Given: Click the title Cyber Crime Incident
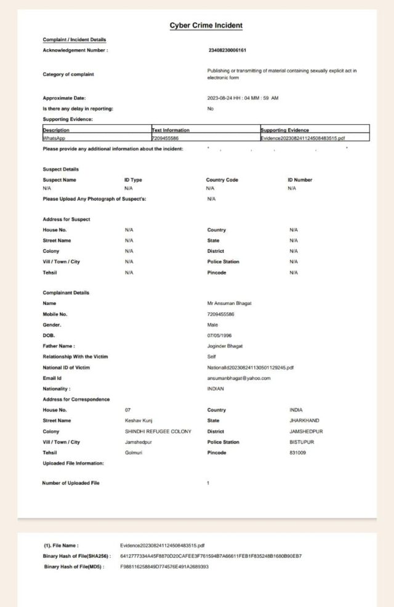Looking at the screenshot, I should [206, 25].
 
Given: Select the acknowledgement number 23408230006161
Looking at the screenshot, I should [227, 50].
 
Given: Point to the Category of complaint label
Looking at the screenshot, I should [68, 74].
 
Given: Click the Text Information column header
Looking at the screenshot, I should [171, 130].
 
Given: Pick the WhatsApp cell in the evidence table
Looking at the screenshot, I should [56, 138].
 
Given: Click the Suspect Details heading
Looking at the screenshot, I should [60, 169].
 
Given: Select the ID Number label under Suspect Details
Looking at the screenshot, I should [300, 180].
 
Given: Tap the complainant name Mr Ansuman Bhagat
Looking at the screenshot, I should [230, 303].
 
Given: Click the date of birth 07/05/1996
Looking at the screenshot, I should [220, 335].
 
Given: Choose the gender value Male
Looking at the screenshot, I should [212, 325].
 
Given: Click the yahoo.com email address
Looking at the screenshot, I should [239, 378].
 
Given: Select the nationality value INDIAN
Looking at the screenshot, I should [215, 389].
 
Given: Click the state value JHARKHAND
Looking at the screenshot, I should [304, 421].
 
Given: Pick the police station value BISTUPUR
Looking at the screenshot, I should [302, 442].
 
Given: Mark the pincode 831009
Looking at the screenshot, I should [297, 453].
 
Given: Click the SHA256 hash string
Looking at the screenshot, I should [211, 556].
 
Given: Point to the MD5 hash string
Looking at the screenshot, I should [164, 566].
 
